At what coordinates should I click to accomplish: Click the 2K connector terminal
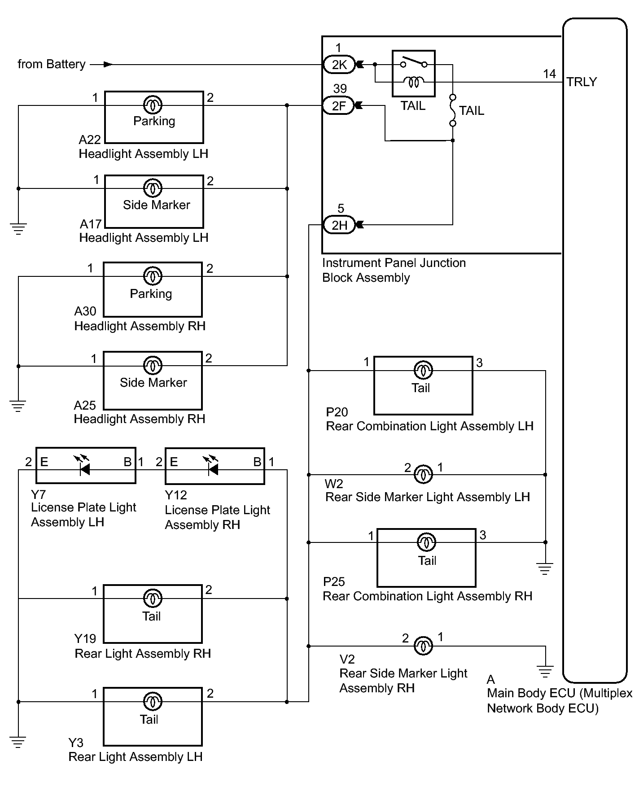coord(339,65)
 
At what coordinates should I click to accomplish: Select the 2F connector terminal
coord(339,106)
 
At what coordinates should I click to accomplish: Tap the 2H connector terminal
coord(339,225)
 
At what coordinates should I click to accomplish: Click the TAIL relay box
coord(413,74)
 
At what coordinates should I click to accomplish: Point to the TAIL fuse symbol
coord(453,110)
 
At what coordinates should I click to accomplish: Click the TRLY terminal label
coord(582,82)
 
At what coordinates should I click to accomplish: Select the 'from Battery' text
coord(52,64)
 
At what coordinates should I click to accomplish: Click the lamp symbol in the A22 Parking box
coord(153,105)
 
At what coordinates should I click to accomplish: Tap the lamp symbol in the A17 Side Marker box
coord(153,188)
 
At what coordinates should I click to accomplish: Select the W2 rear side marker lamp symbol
coord(423,474)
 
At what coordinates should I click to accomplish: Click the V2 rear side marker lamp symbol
coord(423,646)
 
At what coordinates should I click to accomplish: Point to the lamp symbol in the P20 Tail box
coord(423,371)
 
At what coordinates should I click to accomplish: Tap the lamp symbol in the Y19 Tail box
coord(153,599)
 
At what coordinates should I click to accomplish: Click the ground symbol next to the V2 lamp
coord(545,672)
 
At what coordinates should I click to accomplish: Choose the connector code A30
coord(85,311)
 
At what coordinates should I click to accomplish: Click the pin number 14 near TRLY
coord(549,74)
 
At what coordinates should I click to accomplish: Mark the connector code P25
coord(334,581)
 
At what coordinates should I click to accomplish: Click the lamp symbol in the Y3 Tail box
coord(153,702)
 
